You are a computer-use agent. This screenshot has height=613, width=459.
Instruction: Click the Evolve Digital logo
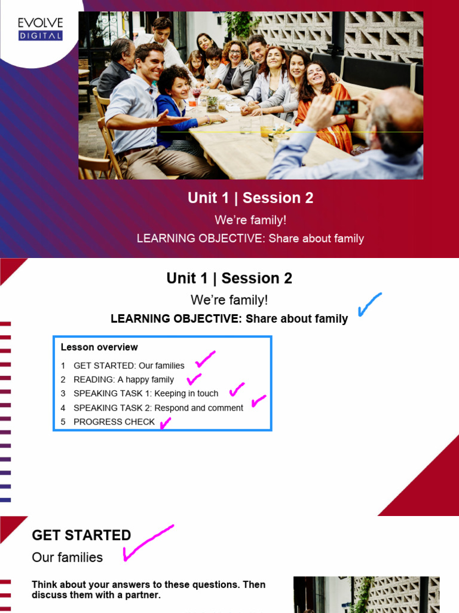click(40, 29)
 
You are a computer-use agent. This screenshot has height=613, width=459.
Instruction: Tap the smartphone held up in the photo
click(345, 107)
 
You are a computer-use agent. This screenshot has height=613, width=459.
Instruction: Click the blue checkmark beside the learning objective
click(369, 304)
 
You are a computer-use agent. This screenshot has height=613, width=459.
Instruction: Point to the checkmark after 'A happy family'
click(194, 379)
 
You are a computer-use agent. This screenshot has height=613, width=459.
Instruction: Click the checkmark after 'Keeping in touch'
click(237, 390)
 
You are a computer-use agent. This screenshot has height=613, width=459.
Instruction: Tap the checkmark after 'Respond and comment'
click(258, 401)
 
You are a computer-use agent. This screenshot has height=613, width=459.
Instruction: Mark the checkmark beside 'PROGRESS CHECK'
click(164, 423)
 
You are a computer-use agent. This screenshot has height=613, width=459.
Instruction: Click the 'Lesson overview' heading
click(99, 347)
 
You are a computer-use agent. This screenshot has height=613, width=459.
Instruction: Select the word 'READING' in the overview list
click(93, 380)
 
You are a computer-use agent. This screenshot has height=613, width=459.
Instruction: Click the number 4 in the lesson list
click(63, 408)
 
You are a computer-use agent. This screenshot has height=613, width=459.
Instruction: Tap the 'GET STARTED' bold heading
click(81, 535)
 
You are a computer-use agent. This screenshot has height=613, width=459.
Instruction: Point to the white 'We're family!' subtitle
click(250, 220)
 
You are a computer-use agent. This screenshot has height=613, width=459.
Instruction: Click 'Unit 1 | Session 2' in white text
click(250, 198)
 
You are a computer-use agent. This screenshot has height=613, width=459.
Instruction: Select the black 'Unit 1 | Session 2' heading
click(229, 278)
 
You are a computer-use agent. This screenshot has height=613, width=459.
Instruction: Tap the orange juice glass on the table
click(265, 130)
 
